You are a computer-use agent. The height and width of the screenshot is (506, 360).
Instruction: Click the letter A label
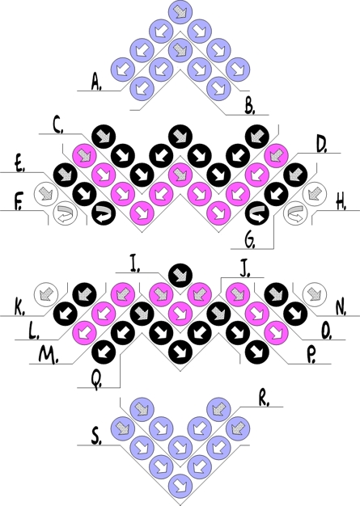96,82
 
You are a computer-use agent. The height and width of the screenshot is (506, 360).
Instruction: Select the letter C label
58,125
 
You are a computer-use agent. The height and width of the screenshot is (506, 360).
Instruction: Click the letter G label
250,240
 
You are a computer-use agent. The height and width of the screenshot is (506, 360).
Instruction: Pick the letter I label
134,264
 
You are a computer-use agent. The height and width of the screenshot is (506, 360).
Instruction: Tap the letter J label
245,269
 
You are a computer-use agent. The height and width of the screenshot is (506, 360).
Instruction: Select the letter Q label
96,380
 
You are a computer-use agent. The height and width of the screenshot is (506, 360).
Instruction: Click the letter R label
264,398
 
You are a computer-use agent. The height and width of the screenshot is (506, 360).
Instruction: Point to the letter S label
96,437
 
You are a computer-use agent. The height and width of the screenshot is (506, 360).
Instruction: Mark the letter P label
311,356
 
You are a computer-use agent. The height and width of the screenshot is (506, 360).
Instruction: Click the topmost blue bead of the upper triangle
180,12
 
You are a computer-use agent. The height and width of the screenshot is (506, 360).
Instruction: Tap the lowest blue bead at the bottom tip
180,483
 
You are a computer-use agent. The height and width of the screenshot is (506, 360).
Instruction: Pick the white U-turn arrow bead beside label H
295,213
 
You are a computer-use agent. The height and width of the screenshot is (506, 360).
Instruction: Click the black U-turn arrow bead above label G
256,213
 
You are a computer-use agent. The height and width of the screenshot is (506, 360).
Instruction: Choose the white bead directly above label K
46,294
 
